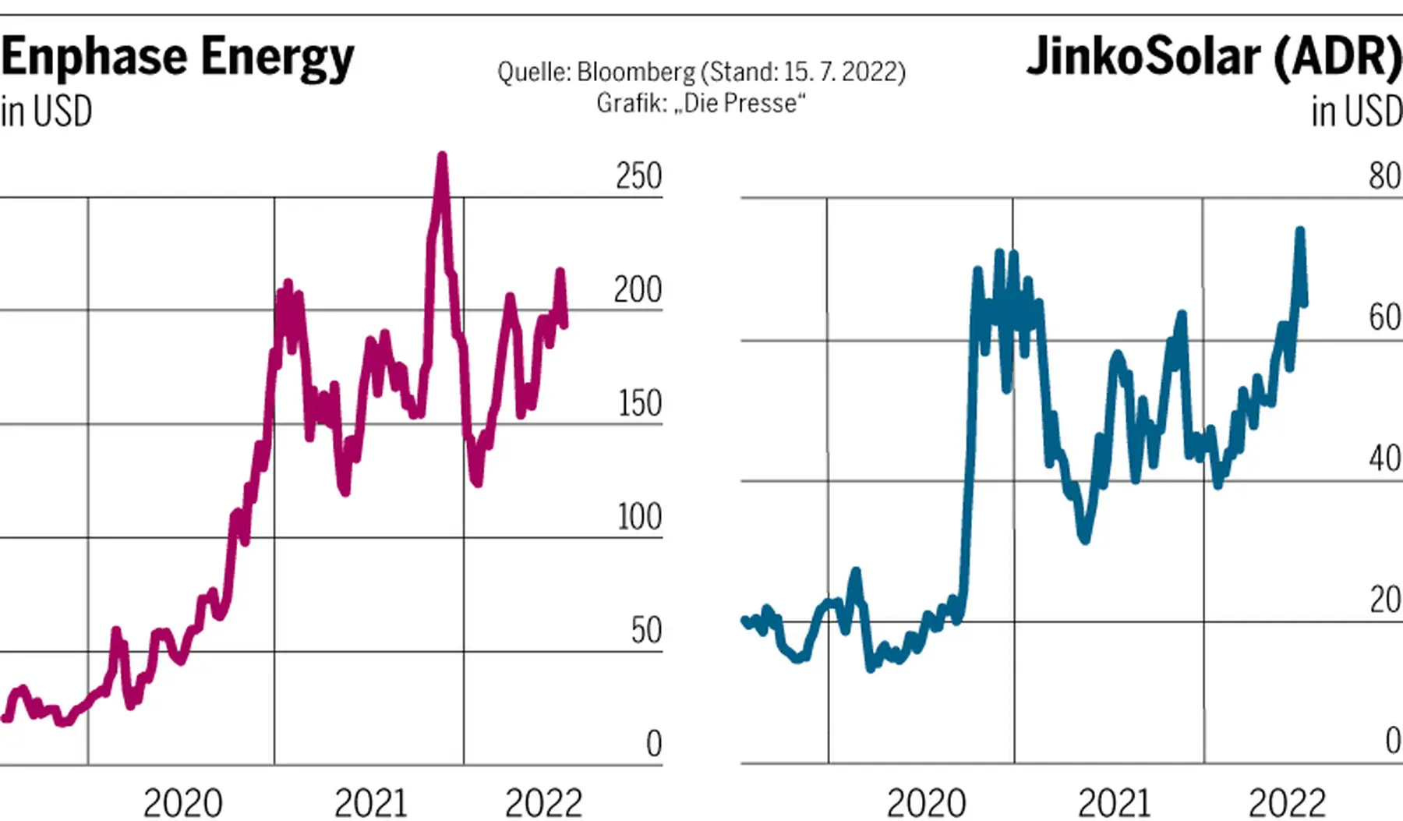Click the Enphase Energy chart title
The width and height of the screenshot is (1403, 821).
pyautogui.click(x=178, y=58)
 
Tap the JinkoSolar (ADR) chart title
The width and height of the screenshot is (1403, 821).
pyautogui.click(x=1214, y=57)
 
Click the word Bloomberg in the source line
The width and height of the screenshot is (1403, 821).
pyautogui.click(x=636, y=73)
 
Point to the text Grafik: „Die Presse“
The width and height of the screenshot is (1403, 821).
pyautogui.click(x=701, y=103)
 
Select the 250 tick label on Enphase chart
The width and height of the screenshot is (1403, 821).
pyautogui.click(x=638, y=176)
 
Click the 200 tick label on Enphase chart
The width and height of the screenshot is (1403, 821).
pyautogui.click(x=638, y=290)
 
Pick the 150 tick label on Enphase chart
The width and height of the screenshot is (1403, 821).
pyautogui.click(x=639, y=404)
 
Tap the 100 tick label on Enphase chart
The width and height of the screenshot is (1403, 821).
pyautogui.click(x=639, y=517)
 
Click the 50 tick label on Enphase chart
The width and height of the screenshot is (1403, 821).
pyautogui.click(x=646, y=631)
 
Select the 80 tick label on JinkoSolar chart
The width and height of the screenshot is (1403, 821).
pyautogui.click(x=1385, y=176)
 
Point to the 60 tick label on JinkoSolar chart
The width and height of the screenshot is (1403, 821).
pyautogui.click(x=1385, y=318)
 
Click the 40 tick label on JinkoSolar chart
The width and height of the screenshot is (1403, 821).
pyautogui.click(x=1385, y=459)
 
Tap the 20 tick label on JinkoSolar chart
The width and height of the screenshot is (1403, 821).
pyautogui.click(x=1385, y=600)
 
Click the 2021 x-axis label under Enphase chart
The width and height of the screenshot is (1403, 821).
pyautogui.click(x=371, y=803)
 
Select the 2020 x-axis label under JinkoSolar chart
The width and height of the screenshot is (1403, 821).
pyautogui.click(x=926, y=803)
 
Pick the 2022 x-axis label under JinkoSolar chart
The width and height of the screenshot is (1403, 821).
pyautogui.click(x=1287, y=803)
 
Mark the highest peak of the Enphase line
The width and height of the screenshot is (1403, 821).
pyautogui.click(x=442, y=156)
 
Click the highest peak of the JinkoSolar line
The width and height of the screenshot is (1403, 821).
pyautogui.click(x=1300, y=231)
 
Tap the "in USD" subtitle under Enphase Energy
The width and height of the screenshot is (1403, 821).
pyautogui.click(x=47, y=111)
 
